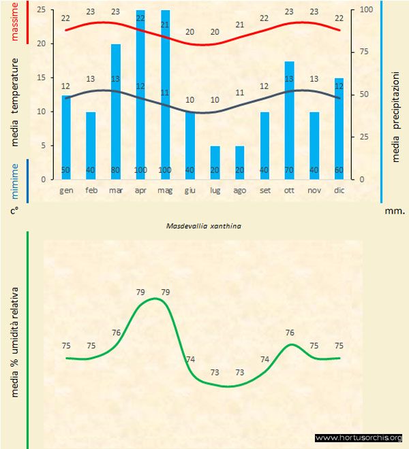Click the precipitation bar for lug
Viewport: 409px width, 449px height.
[x=215, y=163]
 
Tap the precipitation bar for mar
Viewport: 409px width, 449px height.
[x=116, y=109]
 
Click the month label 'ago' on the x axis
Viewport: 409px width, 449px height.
[x=240, y=190]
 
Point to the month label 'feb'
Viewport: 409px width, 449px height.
[x=91, y=190]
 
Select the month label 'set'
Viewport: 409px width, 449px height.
[x=264, y=190]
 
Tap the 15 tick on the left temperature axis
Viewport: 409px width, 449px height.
[x=41, y=78]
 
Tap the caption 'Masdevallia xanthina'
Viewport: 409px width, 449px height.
[x=204, y=222]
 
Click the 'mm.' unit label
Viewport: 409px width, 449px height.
[x=395, y=211]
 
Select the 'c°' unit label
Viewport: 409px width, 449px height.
[x=13, y=211]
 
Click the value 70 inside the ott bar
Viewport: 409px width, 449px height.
[x=290, y=170]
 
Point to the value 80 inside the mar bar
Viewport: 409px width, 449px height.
[x=116, y=170]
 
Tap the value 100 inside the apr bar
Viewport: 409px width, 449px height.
[x=140, y=170]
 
